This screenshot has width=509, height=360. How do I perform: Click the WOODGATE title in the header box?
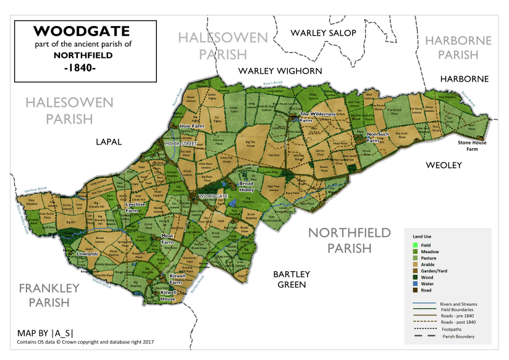click(x=74, y=31)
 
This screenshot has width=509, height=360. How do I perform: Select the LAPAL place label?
click(x=109, y=141)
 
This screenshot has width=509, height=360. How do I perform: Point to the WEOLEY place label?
click(x=444, y=165)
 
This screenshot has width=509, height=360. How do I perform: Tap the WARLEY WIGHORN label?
click(x=280, y=71)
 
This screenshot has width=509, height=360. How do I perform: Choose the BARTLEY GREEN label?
click(x=293, y=279)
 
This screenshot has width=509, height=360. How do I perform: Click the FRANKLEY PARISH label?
click(x=49, y=295)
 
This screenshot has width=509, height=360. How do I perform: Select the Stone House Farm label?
click(x=472, y=146)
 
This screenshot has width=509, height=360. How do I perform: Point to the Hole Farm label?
click(x=191, y=126)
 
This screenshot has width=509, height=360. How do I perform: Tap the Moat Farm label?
click(x=167, y=238)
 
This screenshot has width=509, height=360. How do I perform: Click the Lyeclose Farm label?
click(x=135, y=207)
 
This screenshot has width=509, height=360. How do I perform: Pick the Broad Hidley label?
click(x=246, y=186)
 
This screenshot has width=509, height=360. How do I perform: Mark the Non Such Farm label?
click(x=377, y=136)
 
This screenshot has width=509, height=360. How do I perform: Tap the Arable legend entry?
click(x=427, y=264)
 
